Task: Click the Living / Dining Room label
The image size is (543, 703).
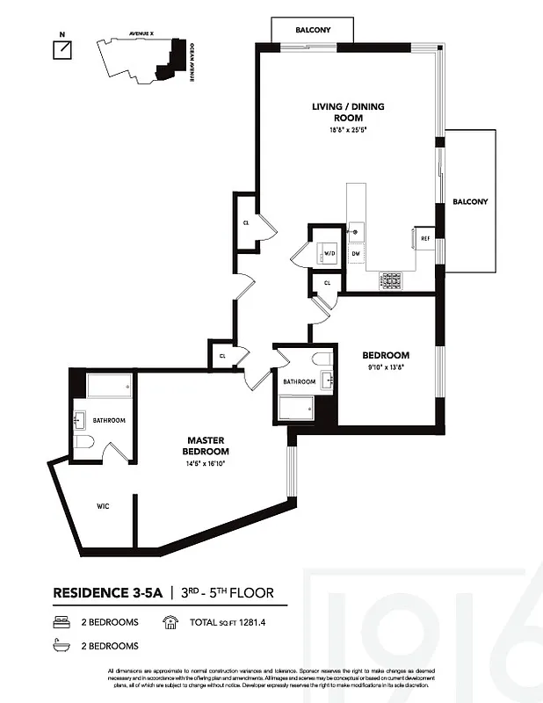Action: tap(348, 112)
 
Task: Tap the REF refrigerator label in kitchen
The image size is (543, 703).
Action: tap(424, 238)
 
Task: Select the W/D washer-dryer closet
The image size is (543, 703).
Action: tap(329, 253)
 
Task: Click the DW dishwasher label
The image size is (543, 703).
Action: tap(356, 254)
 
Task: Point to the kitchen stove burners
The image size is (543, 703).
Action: tap(389, 280)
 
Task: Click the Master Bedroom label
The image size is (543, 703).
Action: tap(207, 446)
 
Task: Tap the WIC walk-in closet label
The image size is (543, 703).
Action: tap(104, 506)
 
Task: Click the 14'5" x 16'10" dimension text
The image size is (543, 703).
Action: tap(207, 463)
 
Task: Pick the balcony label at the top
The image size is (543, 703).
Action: tap(313, 30)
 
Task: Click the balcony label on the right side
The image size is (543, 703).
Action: tap(470, 201)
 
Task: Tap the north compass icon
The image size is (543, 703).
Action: tap(62, 49)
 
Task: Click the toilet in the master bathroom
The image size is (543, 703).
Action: tap(83, 442)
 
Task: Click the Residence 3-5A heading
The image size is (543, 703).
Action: tap(106, 593)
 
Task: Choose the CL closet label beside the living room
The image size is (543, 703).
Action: tap(246, 223)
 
